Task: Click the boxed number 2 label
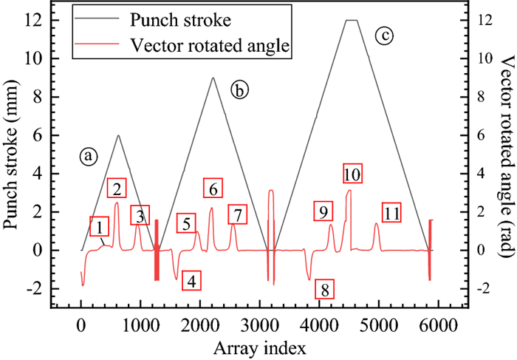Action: pyautogui.click(x=117, y=187)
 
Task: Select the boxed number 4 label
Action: pyautogui.click(x=191, y=281)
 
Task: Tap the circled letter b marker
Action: pyautogui.click(x=239, y=90)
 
